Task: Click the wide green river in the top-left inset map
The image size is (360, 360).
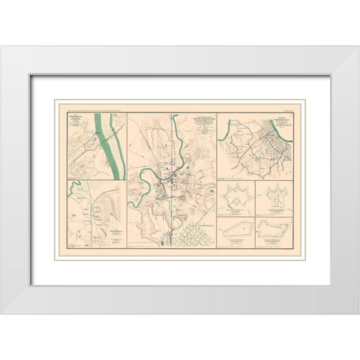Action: point(109,146)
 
